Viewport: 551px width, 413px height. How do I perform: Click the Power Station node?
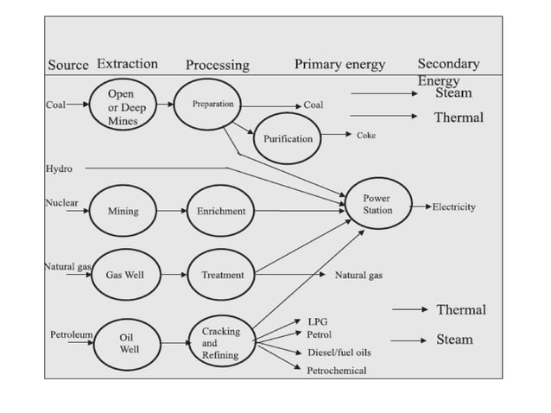[x=377, y=205]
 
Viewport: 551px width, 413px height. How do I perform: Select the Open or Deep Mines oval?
[x=122, y=107]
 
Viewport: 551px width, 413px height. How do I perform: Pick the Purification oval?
[x=288, y=138]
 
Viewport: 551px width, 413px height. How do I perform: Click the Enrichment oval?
[x=221, y=211]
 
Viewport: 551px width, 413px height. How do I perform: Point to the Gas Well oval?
[x=124, y=275]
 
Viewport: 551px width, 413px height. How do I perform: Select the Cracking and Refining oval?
[x=221, y=343]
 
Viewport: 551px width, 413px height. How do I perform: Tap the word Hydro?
[x=59, y=168]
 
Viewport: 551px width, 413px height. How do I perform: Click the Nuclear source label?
[x=61, y=203]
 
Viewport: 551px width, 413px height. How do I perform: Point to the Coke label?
[x=365, y=136]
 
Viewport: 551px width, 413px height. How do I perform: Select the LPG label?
[x=316, y=321]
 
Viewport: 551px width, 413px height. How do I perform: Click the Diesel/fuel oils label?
[x=339, y=353]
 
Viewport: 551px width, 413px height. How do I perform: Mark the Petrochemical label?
[x=337, y=371]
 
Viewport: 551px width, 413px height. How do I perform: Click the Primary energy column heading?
[x=339, y=64]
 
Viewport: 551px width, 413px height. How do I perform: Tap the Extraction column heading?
[x=127, y=64]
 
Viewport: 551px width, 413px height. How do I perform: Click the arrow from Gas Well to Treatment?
[x=173, y=275]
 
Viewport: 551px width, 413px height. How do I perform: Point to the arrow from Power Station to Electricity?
[x=421, y=207]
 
